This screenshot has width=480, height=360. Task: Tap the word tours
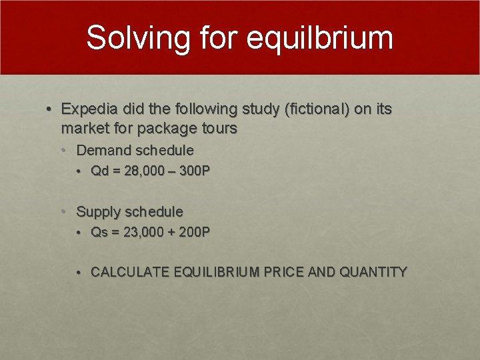[219, 128]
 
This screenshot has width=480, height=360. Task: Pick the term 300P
[195, 171]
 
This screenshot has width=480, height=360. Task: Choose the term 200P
[195, 232]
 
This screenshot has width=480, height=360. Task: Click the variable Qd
[99, 171]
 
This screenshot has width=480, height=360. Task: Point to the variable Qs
[99, 232]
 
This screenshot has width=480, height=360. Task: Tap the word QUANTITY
[373, 272]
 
